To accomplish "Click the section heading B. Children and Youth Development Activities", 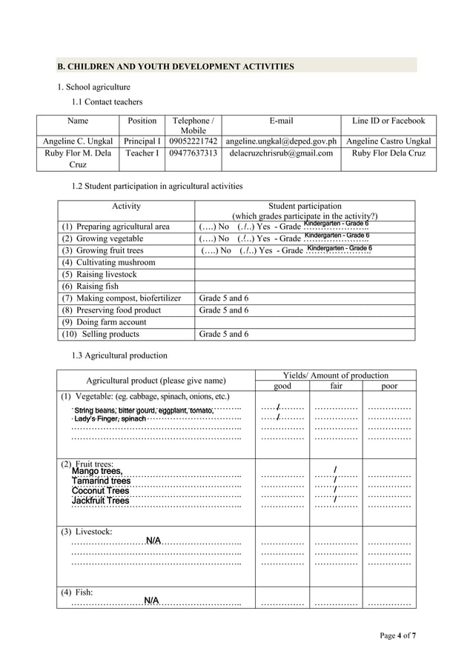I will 176,67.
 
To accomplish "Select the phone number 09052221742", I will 193,141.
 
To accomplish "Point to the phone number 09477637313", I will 193,154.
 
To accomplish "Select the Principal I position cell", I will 142,141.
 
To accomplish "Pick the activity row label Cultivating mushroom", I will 109,263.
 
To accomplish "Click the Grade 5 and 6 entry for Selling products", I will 224,334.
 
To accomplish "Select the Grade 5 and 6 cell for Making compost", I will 224,298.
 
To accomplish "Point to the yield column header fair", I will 335,386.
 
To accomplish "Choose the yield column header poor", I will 388,386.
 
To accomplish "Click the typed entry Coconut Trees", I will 100,491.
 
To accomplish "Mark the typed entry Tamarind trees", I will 101,481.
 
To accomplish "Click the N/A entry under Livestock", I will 153,541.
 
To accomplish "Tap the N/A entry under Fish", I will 151,600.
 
